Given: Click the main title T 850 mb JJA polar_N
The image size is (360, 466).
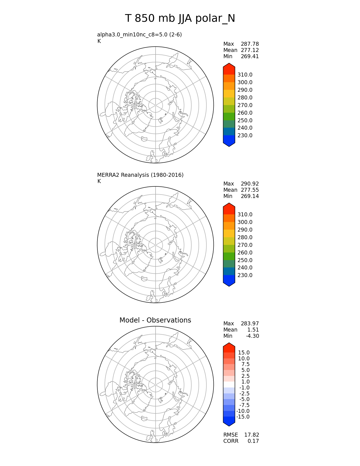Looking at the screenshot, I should pyautogui.click(x=180, y=19).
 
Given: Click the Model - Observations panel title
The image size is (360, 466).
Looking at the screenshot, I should pyautogui.click(x=155, y=320).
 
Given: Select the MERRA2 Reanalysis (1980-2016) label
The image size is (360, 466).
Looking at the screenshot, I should pyautogui.click(x=140, y=175).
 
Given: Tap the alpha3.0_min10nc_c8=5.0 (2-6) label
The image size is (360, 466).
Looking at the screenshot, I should pyautogui.click(x=139, y=35).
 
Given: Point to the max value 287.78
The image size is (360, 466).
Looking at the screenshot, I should pyautogui.click(x=250, y=44).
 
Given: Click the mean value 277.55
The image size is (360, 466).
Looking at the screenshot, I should pyautogui.click(x=250, y=190).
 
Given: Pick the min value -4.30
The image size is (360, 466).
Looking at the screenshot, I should pyautogui.click(x=252, y=336).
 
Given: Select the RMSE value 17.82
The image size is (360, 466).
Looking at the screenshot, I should pyautogui.click(x=252, y=435).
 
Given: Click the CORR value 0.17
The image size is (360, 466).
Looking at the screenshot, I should pyautogui.click(x=253, y=441).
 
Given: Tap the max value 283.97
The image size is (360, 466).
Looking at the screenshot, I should pyautogui.click(x=250, y=324).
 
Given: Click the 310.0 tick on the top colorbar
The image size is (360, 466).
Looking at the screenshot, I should pyautogui.click(x=245, y=75).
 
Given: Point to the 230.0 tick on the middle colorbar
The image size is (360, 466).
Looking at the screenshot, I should pyautogui.click(x=245, y=275).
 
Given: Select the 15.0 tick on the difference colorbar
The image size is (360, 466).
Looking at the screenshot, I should pyautogui.click(x=244, y=353).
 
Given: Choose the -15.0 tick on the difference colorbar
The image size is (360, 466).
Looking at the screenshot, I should pyautogui.click(x=243, y=417).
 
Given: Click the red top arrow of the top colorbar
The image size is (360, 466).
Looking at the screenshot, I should pyautogui.click(x=229, y=69).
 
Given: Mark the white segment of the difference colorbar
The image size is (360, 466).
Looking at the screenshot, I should pyautogui.click(x=229, y=385).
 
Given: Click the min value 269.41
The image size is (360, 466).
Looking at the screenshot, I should pyautogui.click(x=250, y=56).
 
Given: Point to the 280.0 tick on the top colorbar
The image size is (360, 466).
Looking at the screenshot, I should pyautogui.click(x=245, y=98).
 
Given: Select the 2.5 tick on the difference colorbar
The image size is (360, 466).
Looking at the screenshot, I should pyautogui.click(x=245, y=376).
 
